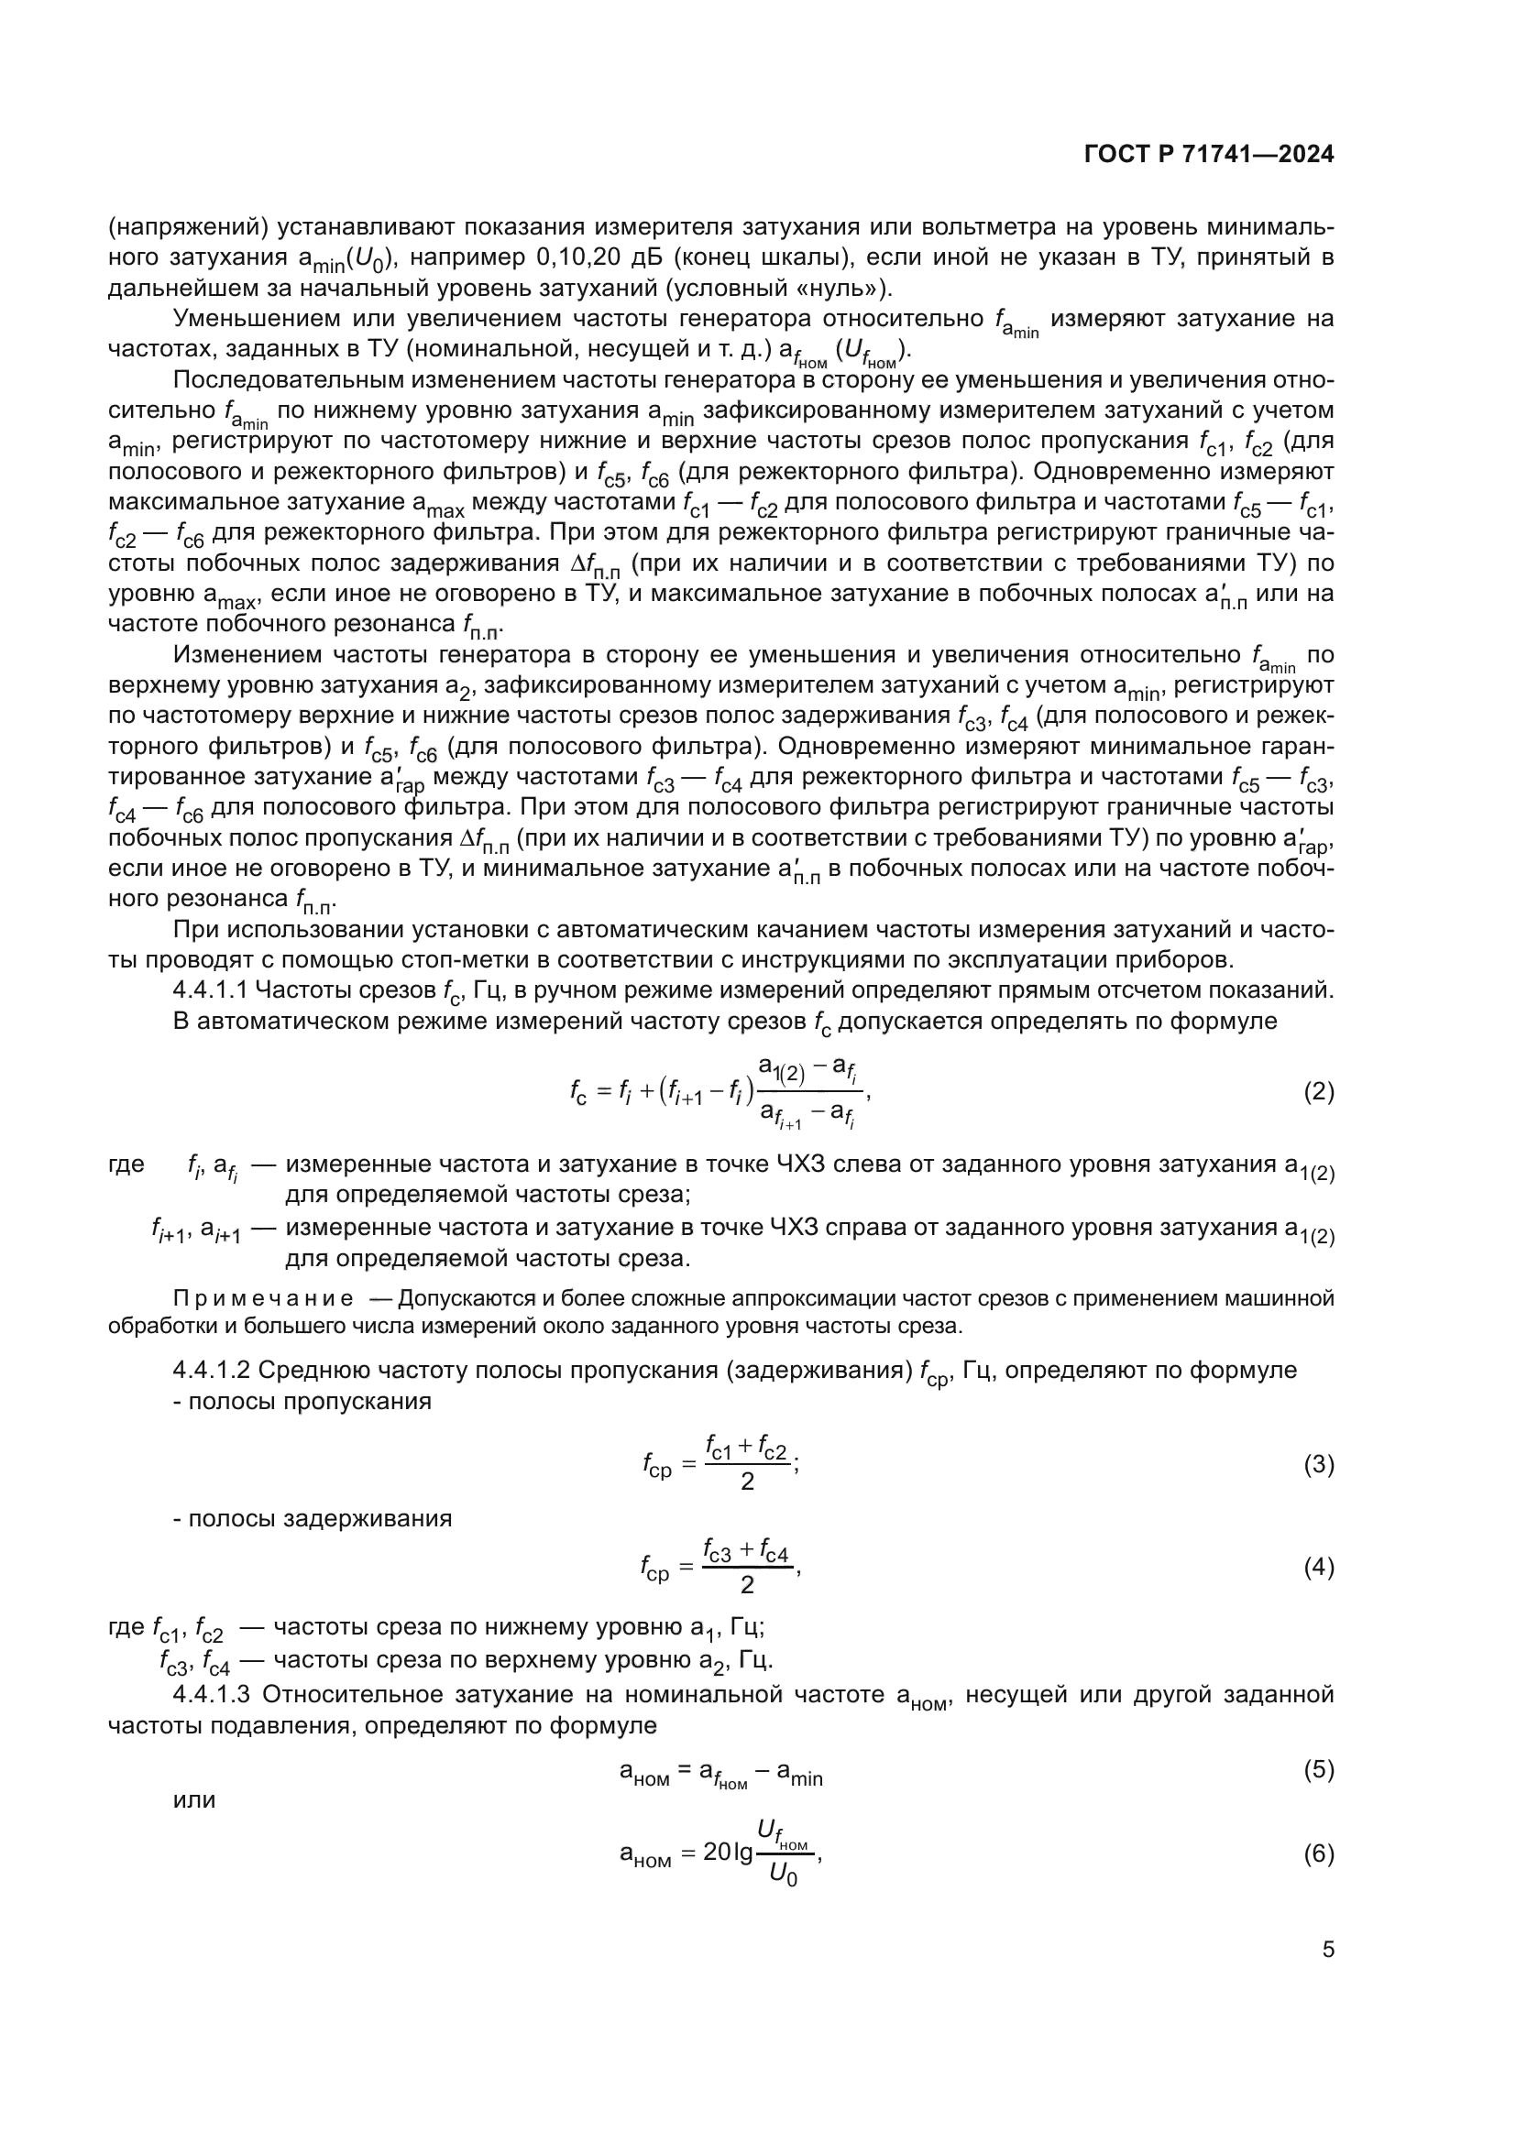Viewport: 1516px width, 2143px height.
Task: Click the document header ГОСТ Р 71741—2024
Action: (x=1209, y=154)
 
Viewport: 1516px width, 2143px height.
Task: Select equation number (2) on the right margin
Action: (x=1318, y=1091)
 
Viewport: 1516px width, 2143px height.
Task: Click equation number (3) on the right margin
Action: (x=1318, y=1464)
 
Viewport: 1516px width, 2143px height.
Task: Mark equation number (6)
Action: (x=1318, y=1853)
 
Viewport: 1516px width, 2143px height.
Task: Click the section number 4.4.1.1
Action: (x=211, y=990)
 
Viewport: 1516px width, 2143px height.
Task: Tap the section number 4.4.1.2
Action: (x=211, y=1370)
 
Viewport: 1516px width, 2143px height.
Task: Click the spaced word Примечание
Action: (x=263, y=1298)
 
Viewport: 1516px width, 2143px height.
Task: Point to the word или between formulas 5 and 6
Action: (x=194, y=1799)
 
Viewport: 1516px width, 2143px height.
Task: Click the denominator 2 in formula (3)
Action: (x=747, y=1482)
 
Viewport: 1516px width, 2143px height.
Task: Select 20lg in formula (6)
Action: (x=727, y=1853)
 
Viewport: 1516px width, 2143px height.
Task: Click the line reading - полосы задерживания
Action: (x=313, y=1518)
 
